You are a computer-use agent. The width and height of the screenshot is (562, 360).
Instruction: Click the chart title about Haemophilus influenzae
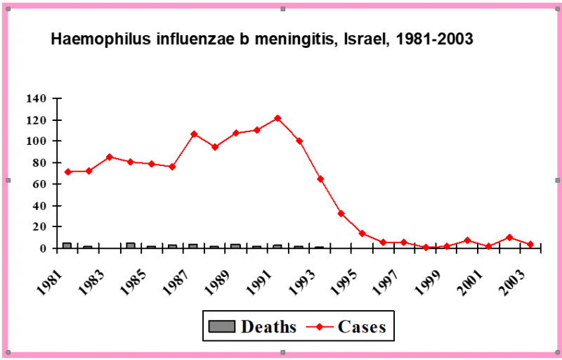coord(262,39)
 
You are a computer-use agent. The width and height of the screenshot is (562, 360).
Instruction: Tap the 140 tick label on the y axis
coord(36,98)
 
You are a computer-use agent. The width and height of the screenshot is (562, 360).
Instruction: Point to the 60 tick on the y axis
coord(39,184)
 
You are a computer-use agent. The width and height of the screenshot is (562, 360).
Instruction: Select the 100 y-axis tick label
coord(36,141)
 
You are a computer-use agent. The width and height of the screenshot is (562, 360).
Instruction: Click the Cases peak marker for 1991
coord(277,118)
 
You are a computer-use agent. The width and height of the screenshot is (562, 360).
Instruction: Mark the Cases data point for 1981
coord(68,172)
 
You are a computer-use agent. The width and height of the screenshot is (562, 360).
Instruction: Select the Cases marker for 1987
coord(194,134)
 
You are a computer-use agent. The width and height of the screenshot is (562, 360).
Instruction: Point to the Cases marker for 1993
coord(320,179)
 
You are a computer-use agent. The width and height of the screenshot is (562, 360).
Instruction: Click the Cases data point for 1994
coord(341,213)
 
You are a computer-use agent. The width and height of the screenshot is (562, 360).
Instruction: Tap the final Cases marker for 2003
coord(530,244)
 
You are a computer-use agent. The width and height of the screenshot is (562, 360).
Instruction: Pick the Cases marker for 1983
coord(110,157)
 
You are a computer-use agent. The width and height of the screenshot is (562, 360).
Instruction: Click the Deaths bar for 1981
coord(67,245)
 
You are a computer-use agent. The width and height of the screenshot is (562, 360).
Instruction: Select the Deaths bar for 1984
coord(130,245)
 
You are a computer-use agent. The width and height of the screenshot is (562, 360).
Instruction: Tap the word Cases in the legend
coord(362,326)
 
